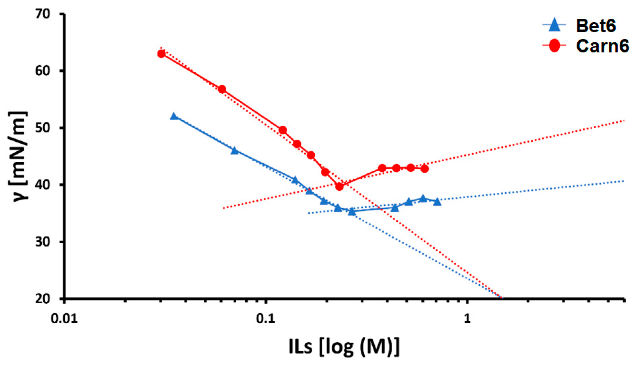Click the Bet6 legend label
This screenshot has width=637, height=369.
pyautogui.click(x=596, y=26)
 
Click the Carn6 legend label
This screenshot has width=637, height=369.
pyautogui.click(x=602, y=46)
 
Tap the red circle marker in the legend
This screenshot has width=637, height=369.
pyautogui.click(x=554, y=46)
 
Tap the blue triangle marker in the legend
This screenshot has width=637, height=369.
pyautogui.click(x=554, y=25)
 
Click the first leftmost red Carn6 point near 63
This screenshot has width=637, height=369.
pyautogui.click(x=161, y=54)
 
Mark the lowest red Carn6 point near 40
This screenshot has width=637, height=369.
pyautogui.click(x=339, y=187)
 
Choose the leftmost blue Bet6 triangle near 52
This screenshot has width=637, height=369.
pyautogui.click(x=174, y=116)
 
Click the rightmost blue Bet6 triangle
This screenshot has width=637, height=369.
pyautogui.click(x=437, y=202)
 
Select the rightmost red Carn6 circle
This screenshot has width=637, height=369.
pyautogui.click(x=425, y=169)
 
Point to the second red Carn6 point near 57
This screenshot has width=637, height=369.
pyautogui.click(x=222, y=90)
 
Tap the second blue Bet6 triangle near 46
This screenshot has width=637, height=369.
pyautogui.click(x=235, y=151)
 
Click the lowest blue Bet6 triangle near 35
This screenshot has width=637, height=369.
pyautogui.click(x=352, y=212)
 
